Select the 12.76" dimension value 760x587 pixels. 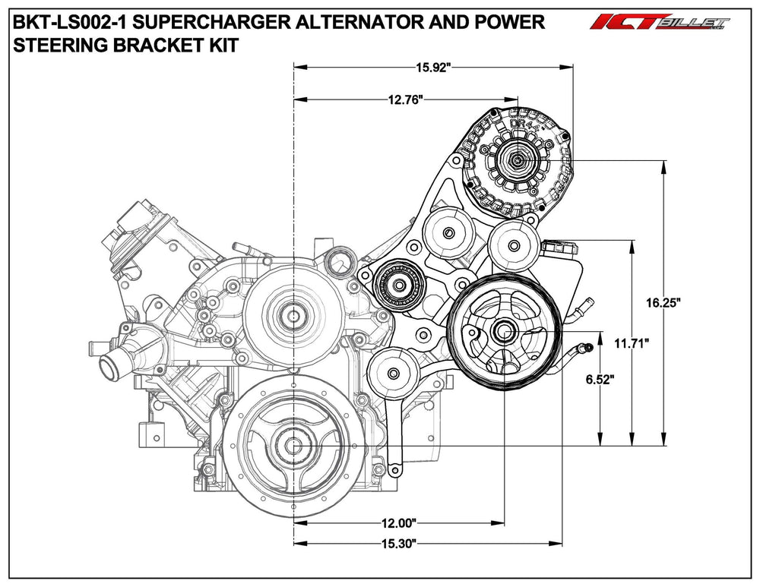[405, 99]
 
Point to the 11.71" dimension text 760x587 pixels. [630, 343]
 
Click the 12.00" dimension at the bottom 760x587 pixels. [398, 522]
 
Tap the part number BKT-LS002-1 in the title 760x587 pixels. [60, 23]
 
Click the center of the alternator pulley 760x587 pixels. [518, 161]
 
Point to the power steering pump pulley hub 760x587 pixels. [503, 332]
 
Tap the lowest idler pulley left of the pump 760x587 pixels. [392, 373]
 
